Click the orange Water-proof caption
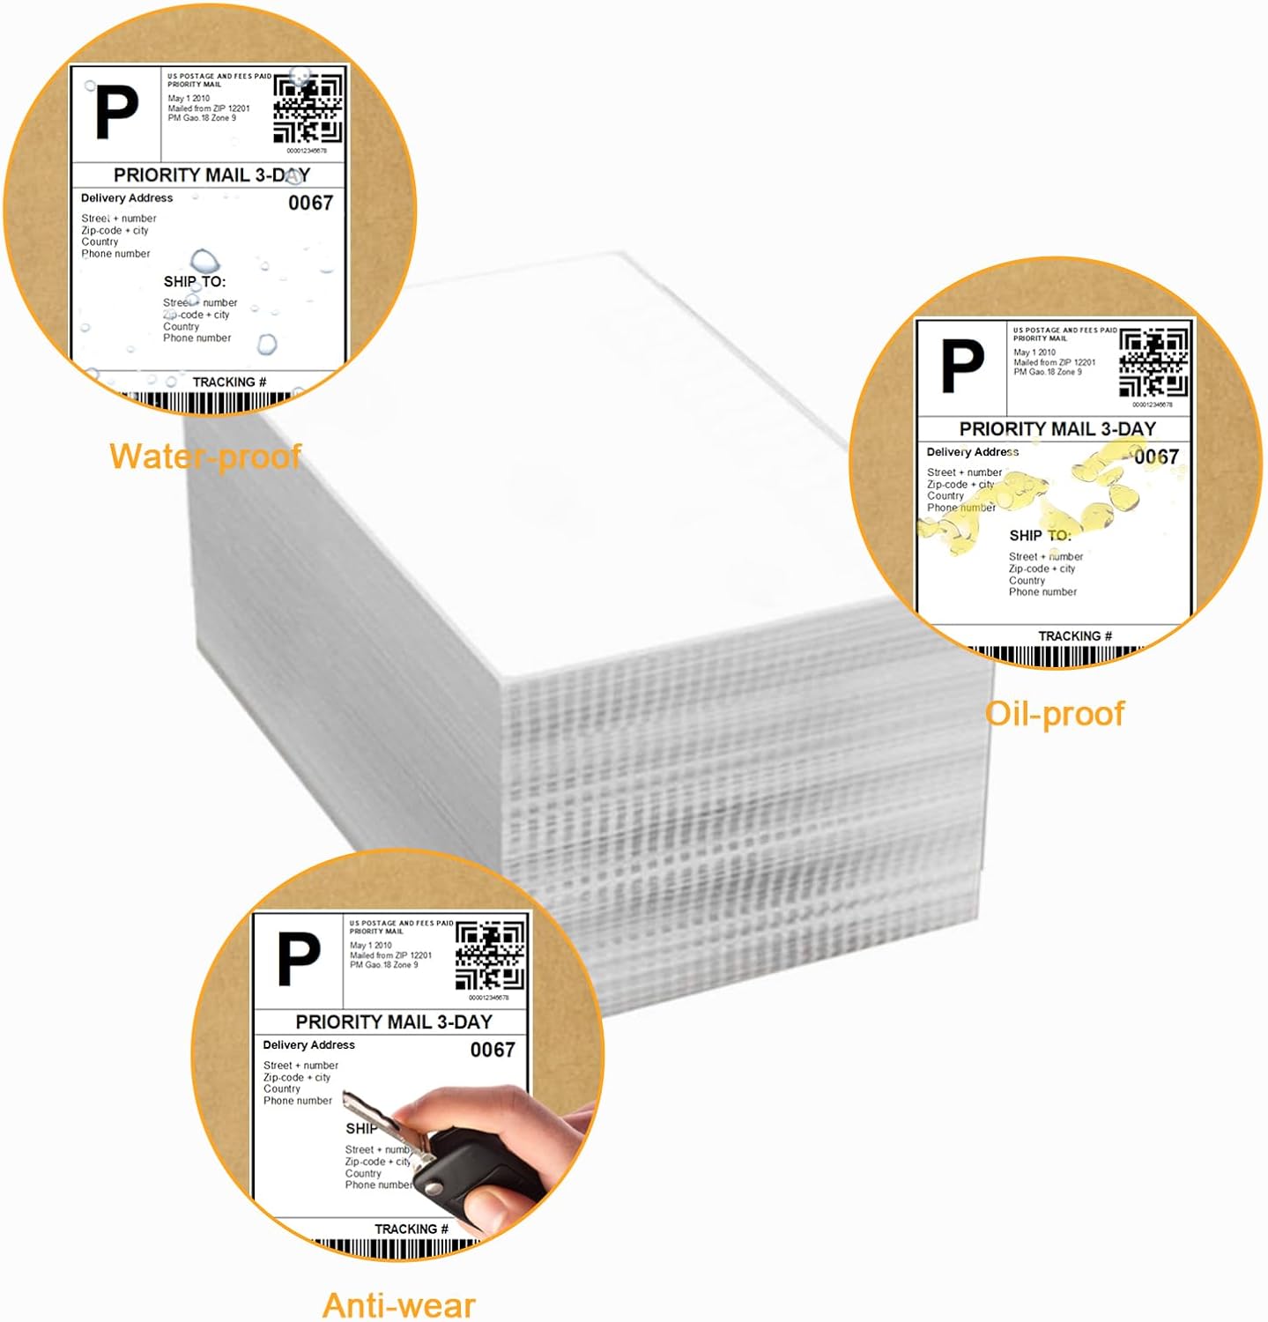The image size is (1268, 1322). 205,457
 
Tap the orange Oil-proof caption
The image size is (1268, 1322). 1055,713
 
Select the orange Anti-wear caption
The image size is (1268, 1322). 398,1304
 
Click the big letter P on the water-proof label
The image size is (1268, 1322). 116,113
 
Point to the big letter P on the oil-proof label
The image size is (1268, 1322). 962,367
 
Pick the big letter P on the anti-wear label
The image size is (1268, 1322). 299,960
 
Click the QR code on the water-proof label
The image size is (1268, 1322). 308,109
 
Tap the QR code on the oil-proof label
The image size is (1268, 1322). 1153,363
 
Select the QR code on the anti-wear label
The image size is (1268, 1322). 490,956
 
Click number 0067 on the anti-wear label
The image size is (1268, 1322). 493,1050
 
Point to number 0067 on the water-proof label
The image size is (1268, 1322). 311,203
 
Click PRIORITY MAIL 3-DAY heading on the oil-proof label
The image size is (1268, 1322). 1057,429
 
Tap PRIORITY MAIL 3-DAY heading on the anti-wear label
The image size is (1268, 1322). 394,1022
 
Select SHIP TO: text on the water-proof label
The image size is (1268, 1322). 195,282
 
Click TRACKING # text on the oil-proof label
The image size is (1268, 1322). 1075,636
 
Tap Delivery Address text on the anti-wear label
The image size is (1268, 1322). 308,1045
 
